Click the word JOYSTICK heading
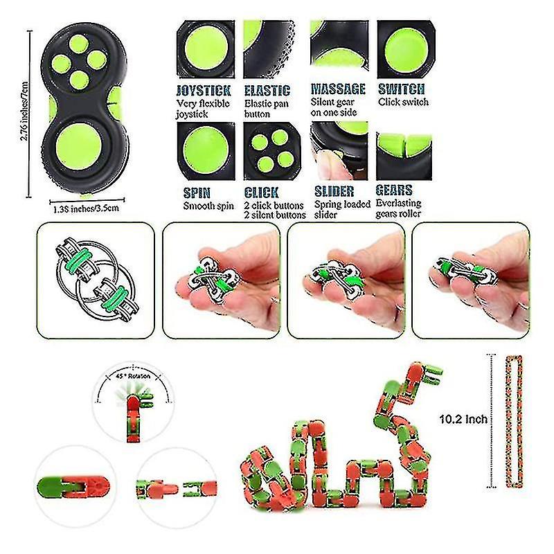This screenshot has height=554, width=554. [204, 90]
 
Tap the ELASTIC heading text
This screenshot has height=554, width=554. [267, 90]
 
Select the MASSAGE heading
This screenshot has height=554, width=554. [338, 89]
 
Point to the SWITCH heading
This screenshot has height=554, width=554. [402, 89]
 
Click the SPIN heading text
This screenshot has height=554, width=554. [197, 192]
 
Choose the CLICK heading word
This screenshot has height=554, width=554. [262, 192]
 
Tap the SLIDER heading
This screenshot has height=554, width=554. [334, 191]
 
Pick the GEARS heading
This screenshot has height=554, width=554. [394, 190]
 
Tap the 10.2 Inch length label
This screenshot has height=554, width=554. [463, 419]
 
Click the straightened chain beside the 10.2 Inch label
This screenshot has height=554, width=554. [515, 423]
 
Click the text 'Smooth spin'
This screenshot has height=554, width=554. [208, 206]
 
